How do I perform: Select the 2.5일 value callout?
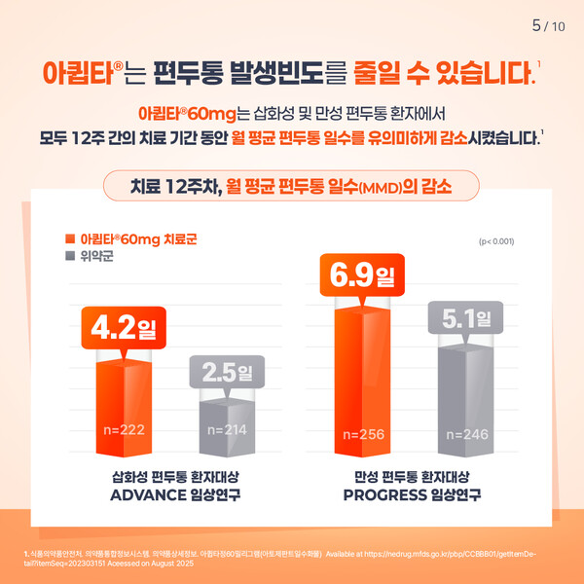pos(225,373)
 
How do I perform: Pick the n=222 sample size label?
pos(125,428)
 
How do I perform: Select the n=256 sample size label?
pos(365,433)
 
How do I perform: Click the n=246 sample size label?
pos(467,433)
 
